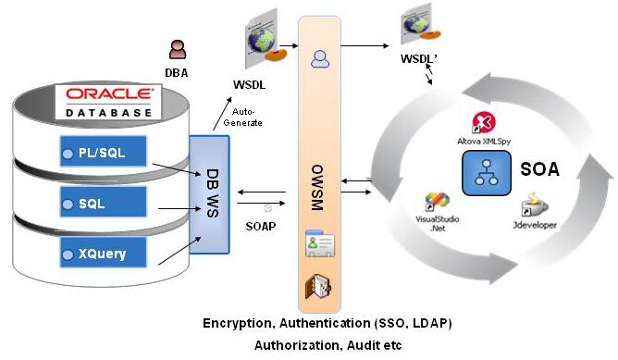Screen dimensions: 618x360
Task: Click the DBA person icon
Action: click(x=178, y=49)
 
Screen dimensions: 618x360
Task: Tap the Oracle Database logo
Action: click(x=108, y=102)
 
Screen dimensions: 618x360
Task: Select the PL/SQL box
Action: click(x=104, y=152)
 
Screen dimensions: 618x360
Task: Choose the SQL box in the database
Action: click(x=104, y=203)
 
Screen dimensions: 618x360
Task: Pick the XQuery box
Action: click(x=104, y=253)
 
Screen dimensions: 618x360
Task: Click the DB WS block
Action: click(x=209, y=194)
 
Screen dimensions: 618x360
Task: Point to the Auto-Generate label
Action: click(x=242, y=118)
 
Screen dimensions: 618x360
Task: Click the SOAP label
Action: click(x=261, y=227)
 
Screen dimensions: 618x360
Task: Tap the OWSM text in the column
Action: click(x=317, y=188)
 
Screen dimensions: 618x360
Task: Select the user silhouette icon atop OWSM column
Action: click(x=320, y=59)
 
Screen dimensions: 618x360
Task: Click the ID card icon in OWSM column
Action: click(x=320, y=243)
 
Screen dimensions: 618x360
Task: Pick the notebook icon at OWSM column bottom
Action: click(x=318, y=287)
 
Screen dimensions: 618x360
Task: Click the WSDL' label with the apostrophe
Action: click(x=419, y=58)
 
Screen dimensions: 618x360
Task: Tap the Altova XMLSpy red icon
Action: click(x=484, y=123)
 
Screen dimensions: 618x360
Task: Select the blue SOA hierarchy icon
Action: click(x=487, y=173)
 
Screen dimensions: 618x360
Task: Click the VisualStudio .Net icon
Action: click(x=437, y=203)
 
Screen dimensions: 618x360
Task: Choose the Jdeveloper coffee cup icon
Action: click(x=535, y=205)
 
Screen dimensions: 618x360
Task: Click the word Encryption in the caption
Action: click(x=237, y=324)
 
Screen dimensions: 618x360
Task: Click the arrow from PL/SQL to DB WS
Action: click(x=177, y=169)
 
